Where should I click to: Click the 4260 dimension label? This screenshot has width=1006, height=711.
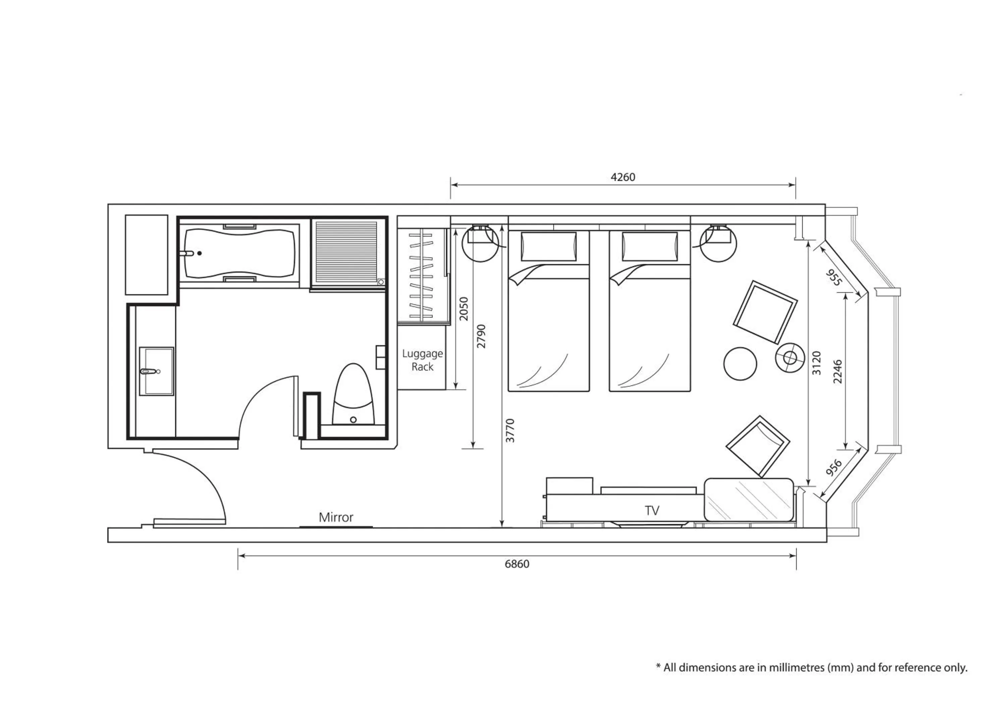[623, 177]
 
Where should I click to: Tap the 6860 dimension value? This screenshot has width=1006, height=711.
[517, 564]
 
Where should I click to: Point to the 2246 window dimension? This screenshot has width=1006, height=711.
[837, 371]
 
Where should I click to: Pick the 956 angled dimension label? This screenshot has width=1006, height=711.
[833, 468]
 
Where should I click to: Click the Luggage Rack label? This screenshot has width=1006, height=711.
[423, 360]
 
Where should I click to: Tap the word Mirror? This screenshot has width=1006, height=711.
[336, 517]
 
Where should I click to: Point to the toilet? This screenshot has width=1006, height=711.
[353, 394]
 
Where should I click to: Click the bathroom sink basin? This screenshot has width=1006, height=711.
[156, 371]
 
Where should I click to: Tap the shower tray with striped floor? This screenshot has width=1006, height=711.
[346, 252]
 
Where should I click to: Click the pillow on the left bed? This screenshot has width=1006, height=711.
[549, 247]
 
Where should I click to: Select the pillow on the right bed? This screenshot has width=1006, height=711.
[650, 247]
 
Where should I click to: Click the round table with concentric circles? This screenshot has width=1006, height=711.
[790, 357]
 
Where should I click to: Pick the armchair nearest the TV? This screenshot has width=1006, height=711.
[758, 446]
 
